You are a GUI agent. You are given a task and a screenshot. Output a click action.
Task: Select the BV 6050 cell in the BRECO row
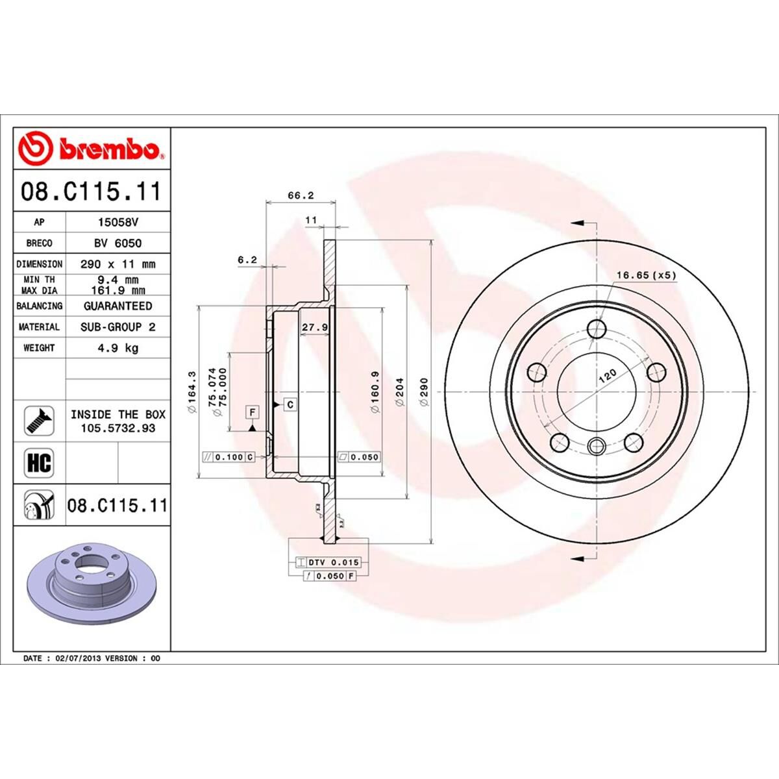pos(117,243)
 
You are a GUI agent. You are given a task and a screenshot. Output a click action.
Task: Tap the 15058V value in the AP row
pos(117,221)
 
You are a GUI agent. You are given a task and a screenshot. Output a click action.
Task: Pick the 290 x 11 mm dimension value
pos(117,264)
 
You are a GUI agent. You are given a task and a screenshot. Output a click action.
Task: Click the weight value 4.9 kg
pos(117,348)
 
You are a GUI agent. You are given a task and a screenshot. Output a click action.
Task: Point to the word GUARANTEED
pos(117,306)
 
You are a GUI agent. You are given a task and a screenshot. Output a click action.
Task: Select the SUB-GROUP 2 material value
pos(117,327)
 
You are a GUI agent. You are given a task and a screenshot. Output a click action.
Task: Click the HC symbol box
pos(39,464)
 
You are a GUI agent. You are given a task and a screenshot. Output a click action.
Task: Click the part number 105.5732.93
pos(117,428)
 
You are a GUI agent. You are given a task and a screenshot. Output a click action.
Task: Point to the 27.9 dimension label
pos(315,327)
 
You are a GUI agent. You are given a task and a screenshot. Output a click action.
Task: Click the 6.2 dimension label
pos(247,260)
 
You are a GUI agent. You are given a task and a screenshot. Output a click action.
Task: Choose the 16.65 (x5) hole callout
pos(645,275)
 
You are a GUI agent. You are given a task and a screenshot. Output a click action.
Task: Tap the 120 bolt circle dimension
pos(606,377)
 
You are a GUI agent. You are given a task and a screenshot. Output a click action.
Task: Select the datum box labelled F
pos(251,412)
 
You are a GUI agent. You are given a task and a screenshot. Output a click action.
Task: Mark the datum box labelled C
pos(290,404)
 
